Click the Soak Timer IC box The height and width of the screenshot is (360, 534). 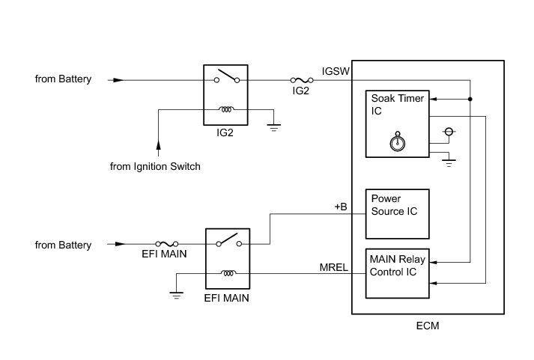(397, 123)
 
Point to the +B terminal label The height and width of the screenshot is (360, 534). (342, 205)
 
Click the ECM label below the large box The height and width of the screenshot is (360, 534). (426, 327)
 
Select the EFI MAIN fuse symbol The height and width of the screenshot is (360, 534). (167, 244)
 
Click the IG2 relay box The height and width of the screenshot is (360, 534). (226, 94)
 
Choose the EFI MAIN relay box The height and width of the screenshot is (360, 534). (228, 259)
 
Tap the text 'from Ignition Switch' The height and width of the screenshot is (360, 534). (156, 166)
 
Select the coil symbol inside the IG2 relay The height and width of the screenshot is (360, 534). (226, 109)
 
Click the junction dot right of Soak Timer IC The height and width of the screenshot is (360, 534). (470, 99)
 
